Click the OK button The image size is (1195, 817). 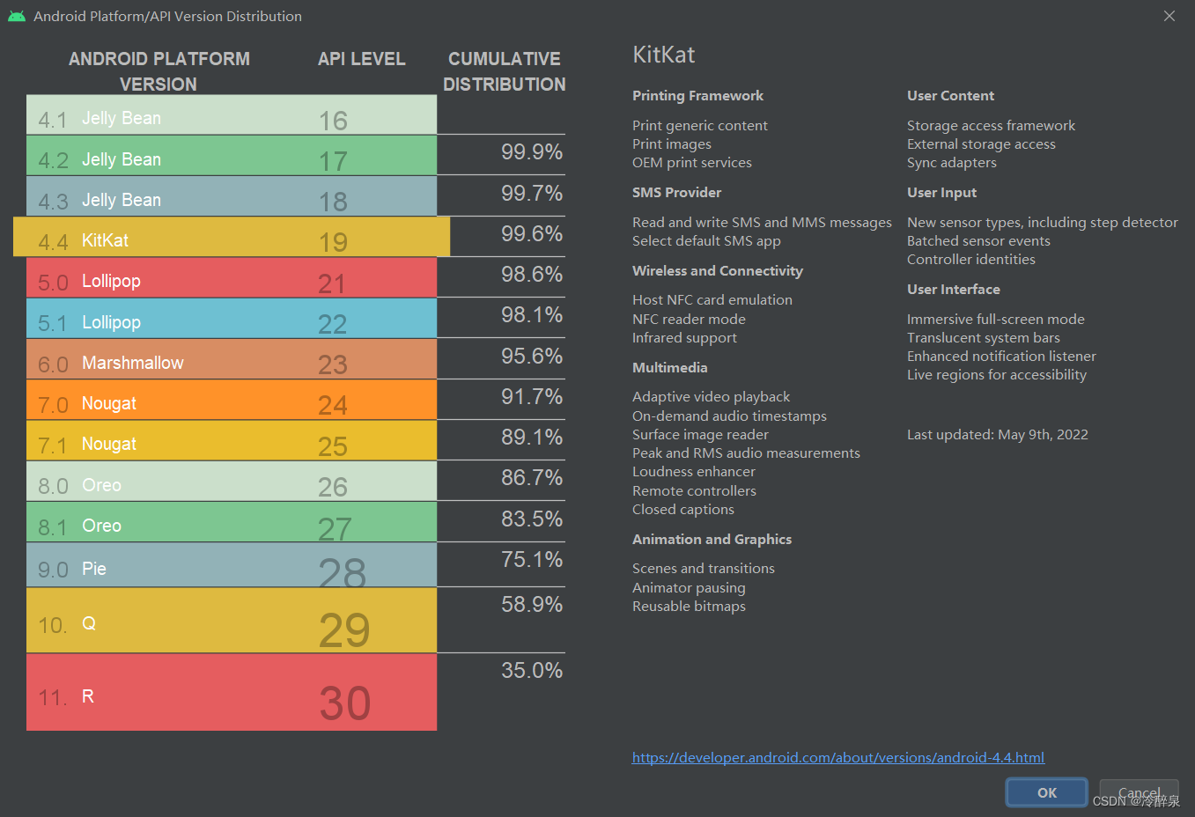tap(1046, 792)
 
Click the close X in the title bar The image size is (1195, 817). tap(1169, 16)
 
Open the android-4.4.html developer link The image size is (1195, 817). tap(837, 757)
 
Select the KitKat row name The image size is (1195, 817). tap(105, 240)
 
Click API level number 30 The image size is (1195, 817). tap(344, 703)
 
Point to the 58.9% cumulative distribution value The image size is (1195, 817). tap(531, 604)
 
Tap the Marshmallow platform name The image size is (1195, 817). tap(133, 363)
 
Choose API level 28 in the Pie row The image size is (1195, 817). tap(342, 572)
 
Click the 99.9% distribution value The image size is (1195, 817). tap(531, 151)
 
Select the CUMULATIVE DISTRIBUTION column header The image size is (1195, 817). tap(504, 71)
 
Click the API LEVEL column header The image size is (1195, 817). tap(361, 59)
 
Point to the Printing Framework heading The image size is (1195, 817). tap(697, 96)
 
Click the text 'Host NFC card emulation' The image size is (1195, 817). tap(712, 300)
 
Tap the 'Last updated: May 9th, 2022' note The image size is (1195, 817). tap(997, 435)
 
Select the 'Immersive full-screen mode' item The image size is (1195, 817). tap(995, 320)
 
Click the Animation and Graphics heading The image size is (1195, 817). tap(712, 540)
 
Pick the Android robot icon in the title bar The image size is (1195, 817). tap(17, 16)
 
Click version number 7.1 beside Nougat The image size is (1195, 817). tap(53, 445)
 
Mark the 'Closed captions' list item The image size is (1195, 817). tap(682, 510)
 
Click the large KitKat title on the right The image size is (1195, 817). tap(663, 55)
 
